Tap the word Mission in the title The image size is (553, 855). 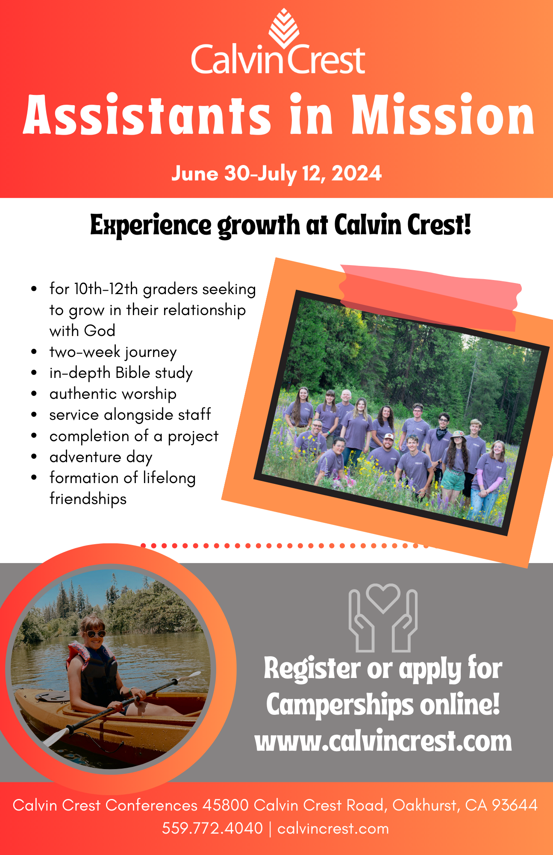tap(443, 115)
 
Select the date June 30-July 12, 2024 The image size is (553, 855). tap(276, 174)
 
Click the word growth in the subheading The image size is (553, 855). tap(259, 225)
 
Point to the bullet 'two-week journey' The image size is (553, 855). tap(113, 352)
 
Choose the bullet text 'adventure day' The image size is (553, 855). tap(101, 457)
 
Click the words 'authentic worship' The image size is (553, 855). tap(113, 394)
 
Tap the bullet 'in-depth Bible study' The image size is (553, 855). tap(121, 373)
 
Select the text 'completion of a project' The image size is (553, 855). tap(134, 436)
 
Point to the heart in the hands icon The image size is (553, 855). tap(383, 598)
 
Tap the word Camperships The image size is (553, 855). tap(340, 705)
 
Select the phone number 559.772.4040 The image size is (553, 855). tap(212, 828)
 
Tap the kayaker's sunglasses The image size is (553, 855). tap(96, 634)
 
